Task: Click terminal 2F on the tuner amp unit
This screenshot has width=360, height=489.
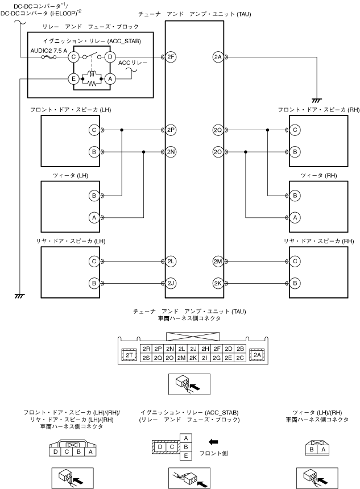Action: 172,56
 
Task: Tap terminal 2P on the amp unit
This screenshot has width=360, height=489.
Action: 172,130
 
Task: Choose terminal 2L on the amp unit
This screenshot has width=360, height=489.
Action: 172,261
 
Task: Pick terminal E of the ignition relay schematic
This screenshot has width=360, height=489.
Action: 73,78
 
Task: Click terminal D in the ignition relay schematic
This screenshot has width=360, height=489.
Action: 111,56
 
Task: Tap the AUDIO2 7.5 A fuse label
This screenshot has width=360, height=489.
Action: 49,50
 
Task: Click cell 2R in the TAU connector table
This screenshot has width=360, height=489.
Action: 146,349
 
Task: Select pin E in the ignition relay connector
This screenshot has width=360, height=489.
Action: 185,456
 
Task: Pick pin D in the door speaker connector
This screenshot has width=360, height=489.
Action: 55,452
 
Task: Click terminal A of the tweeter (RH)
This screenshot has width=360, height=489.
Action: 295,217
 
